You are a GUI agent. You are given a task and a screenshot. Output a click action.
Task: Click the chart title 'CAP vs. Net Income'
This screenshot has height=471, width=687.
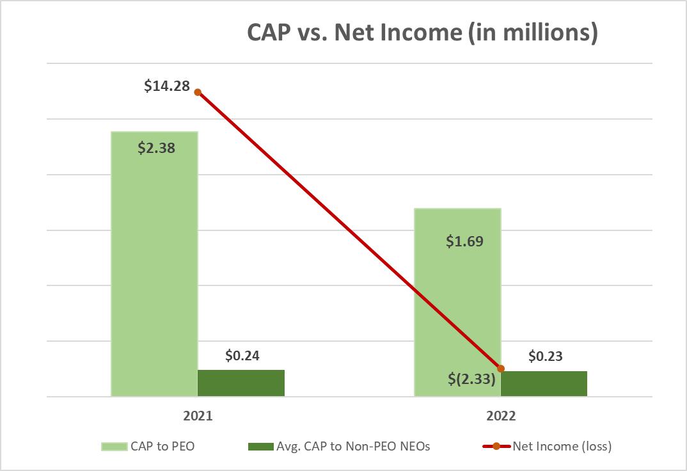coord(422,34)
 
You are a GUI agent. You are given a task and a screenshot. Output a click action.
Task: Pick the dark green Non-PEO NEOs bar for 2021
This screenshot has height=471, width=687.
coord(241,383)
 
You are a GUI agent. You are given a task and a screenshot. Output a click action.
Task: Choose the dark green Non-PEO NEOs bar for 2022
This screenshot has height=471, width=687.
coord(544,383)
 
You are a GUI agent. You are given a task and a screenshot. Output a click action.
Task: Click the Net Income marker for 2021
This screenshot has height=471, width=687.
coord(198,92)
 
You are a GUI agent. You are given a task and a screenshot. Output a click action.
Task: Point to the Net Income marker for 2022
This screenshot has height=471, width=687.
coord(501,369)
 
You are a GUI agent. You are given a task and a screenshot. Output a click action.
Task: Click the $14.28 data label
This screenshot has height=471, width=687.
coord(167,85)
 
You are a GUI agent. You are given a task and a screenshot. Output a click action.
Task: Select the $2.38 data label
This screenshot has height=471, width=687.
coord(156,148)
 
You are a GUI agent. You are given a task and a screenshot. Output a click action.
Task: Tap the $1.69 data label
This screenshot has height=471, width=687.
coord(464,241)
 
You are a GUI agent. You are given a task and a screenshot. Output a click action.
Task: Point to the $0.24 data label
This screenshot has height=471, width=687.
coord(242,355)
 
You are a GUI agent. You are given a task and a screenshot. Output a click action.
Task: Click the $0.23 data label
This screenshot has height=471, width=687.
coord(545,356)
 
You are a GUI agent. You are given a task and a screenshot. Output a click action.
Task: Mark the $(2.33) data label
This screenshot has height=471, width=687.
coord(471,379)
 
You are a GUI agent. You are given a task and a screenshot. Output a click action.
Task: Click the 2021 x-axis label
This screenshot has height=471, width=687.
coord(198,415)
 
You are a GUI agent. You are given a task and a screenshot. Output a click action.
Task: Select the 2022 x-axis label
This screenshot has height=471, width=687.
coord(500,415)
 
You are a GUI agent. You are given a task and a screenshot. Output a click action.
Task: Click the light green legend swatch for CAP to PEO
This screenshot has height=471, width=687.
coord(114,447)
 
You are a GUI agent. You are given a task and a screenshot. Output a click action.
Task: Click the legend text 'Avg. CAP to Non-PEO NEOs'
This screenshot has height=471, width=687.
coord(352,447)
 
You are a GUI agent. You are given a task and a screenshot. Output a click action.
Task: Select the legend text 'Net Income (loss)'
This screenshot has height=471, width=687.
coord(562,447)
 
